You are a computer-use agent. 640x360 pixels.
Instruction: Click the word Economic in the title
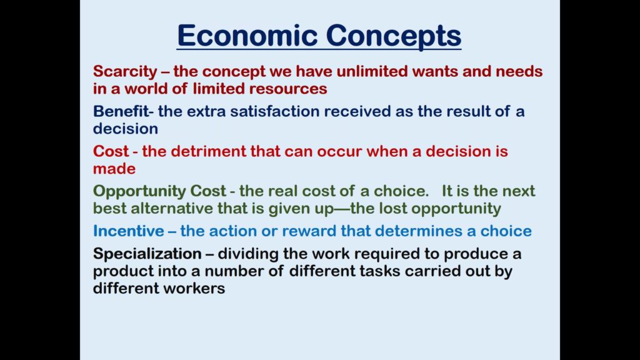pyautogui.click(x=247, y=35)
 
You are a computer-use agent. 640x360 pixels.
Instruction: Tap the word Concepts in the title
pyautogui.click(x=394, y=36)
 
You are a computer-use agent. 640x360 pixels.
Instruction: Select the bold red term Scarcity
pyautogui.click(x=125, y=72)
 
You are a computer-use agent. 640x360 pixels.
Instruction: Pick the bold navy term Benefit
pyautogui.click(x=121, y=111)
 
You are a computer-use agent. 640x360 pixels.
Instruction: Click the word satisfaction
pyautogui.click(x=275, y=111)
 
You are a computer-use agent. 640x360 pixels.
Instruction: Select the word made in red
pyautogui.click(x=114, y=169)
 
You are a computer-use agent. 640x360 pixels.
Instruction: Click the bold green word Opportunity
pyautogui.click(x=139, y=191)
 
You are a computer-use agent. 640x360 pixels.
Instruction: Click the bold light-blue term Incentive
pyautogui.click(x=128, y=231)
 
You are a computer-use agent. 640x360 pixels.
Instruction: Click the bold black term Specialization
pyautogui.click(x=147, y=254)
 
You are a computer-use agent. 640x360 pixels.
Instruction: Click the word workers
pyautogui.click(x=194, y=288)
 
